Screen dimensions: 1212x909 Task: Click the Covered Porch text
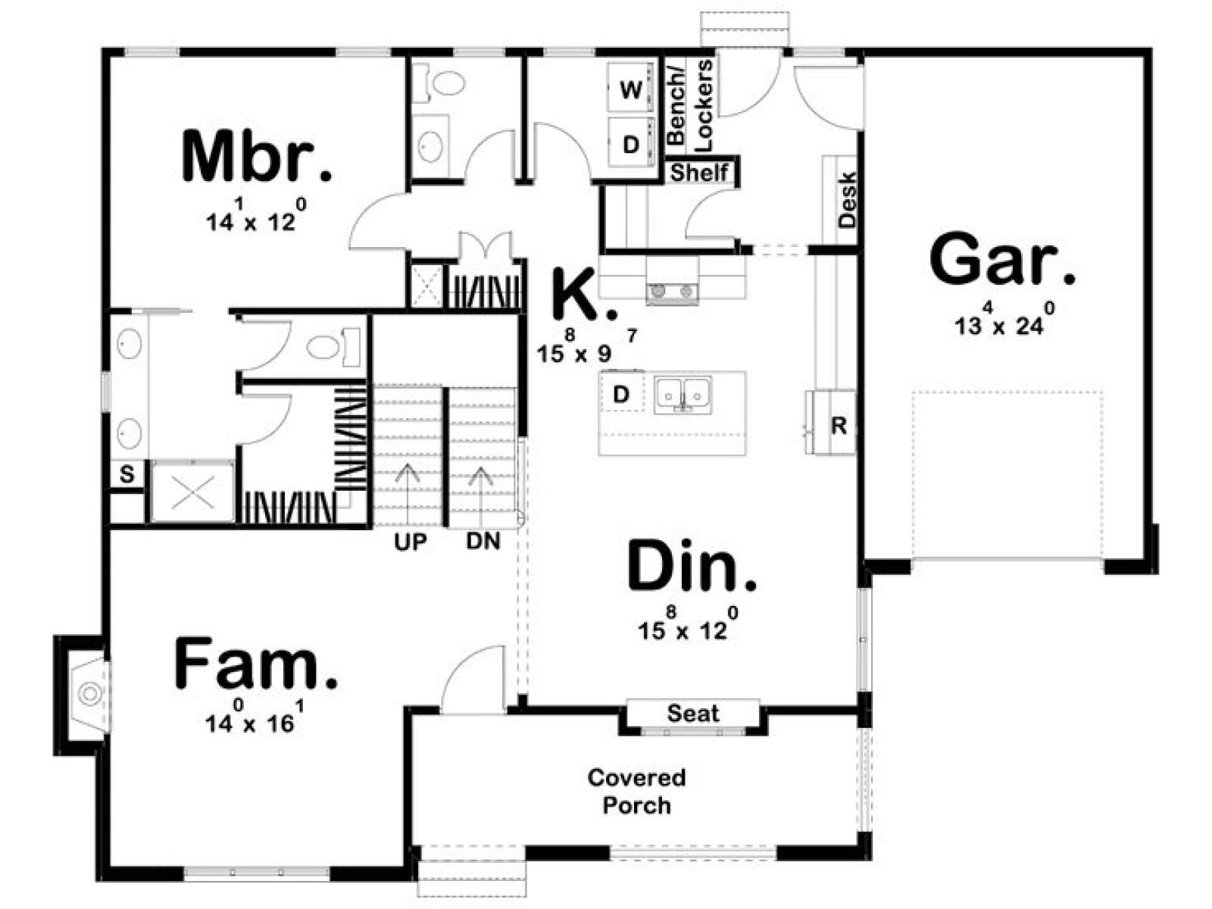(636, 792)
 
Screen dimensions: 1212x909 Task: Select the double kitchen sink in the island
(683, 395)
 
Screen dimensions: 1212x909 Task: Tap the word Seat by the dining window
(693, 714)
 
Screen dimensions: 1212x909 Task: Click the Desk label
(847, 200)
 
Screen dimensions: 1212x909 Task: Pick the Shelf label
(699, 173)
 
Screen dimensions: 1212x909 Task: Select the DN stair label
(483, 542)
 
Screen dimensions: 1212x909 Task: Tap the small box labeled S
(127, 474)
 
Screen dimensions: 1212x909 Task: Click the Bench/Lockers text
(690, 105)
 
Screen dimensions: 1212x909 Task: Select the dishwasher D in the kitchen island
(622, 394)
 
